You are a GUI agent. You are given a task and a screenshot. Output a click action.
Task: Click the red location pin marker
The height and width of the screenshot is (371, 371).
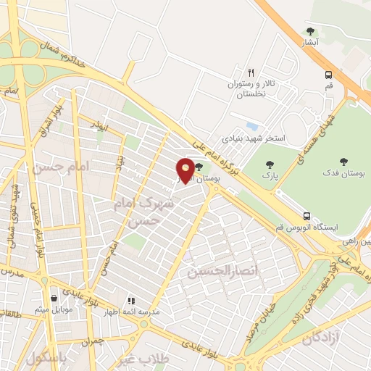click(x=185, y=170)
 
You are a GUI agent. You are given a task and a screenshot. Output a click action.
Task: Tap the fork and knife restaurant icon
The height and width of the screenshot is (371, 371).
click(x=251, y=72)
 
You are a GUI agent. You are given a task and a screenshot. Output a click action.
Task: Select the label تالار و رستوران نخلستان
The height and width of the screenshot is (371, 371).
click(x=251, y=89)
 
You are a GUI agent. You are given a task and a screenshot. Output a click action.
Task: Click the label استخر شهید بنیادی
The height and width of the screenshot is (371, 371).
click(x=254, y=137)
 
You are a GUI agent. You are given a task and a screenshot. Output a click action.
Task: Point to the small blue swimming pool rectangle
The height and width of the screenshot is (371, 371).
click(x=253, y=125)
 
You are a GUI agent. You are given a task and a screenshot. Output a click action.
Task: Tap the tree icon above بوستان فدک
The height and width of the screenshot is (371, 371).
click(x=343, y=162)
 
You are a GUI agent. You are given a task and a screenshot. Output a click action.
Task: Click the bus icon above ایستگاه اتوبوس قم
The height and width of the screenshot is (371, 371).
click(x=307, y=215)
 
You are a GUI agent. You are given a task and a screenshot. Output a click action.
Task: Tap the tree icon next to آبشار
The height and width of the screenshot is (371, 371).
click(x=311, y=31)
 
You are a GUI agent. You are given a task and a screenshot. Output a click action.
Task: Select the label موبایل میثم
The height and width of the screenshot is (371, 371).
click(x=53, y=309)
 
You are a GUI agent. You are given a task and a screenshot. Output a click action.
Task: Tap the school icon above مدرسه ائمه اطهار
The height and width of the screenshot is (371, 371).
click(x=130, y=300)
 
